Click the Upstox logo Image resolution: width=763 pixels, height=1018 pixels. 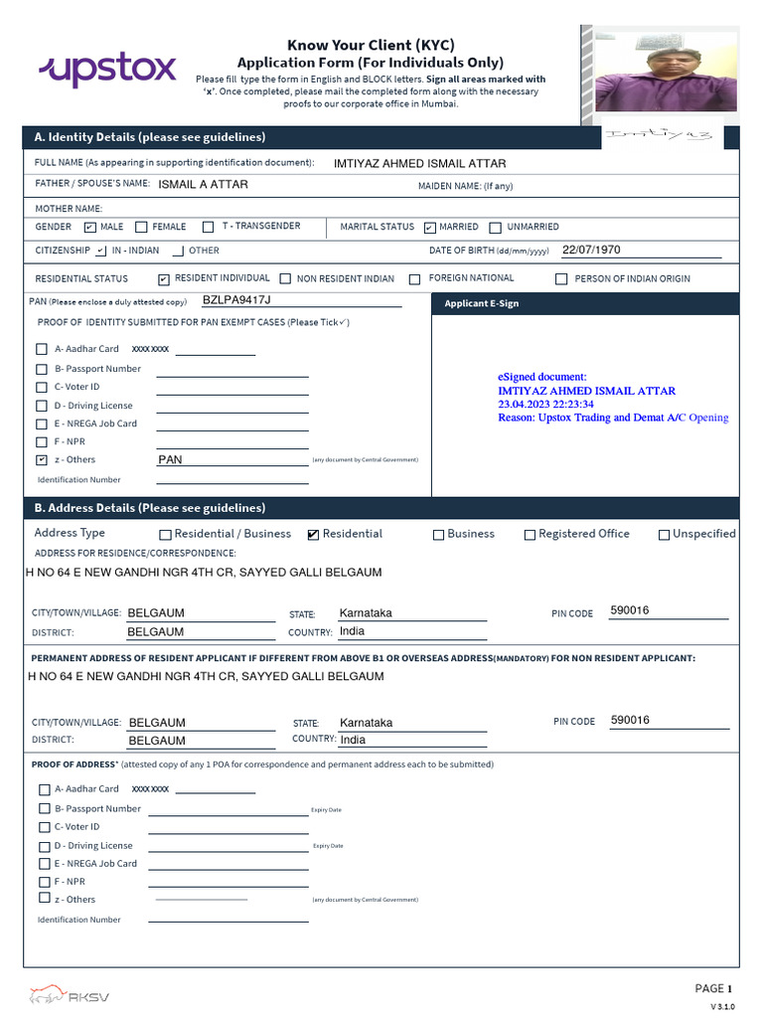(x=107, y=70)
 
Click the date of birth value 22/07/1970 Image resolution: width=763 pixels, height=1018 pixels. (x=591, y=251)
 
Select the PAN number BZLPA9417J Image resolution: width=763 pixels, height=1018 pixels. (x=236, y=300)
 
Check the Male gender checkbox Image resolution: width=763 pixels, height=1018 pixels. (x=90, y=227)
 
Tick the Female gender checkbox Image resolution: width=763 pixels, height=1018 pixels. (x=141, y=227)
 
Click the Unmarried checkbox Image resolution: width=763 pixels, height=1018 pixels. (x=496, y=227)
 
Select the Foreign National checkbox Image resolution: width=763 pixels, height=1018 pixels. (x=414, y=279)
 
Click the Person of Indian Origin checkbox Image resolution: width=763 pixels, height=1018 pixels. (x=561, y=279)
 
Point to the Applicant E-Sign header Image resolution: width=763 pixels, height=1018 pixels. (x=482, y=303)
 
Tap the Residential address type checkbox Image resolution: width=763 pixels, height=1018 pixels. (x=314, y=535)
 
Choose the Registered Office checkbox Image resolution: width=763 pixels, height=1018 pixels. (x=530, y=535)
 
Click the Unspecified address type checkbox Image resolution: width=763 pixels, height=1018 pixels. (x=664, y=535)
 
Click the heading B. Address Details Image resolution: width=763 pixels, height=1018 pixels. (x=150, y=508)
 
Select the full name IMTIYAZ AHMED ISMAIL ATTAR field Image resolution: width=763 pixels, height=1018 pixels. (x=420, y=164)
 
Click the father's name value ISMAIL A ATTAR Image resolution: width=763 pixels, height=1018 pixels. (x=204, y=185)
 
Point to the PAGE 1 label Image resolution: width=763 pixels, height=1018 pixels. (x=713, y=988)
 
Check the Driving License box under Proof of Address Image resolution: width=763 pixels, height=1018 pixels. (x=44, y=846)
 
